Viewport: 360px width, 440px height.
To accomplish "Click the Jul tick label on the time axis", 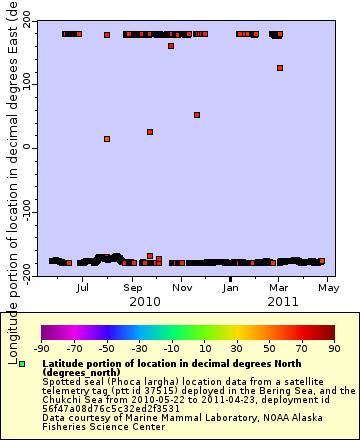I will coord(83,287).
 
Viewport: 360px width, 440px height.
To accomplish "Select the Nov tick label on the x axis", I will coord(182,287).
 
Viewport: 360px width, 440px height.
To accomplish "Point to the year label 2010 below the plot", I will coord(145,300).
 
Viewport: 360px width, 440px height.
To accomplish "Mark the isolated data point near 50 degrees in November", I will coord(197,115).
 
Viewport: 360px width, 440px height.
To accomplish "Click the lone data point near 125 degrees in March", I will coord(280,68).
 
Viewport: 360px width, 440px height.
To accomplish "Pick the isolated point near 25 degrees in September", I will coord(150,132).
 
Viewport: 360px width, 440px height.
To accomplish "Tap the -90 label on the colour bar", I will coord(42,350).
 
